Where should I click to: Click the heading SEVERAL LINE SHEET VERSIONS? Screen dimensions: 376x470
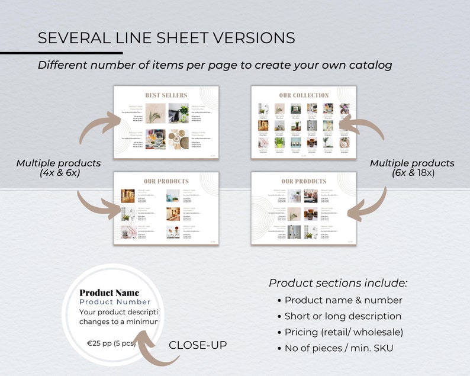166,38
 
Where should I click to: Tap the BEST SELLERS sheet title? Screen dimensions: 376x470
166,95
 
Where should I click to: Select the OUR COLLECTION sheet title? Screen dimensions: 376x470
304,95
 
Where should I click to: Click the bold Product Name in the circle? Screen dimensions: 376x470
110,293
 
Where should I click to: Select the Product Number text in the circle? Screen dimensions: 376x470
115,302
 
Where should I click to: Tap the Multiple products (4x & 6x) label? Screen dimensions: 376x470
58,168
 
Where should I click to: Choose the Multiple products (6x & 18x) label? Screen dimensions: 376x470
412,168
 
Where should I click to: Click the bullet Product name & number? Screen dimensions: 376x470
343,300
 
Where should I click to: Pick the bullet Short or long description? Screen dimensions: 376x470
343,316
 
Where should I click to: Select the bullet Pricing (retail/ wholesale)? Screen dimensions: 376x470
344,332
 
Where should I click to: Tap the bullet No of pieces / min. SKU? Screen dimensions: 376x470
339,348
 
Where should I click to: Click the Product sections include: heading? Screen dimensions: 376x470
338,283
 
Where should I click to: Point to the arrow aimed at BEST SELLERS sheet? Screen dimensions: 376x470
94,128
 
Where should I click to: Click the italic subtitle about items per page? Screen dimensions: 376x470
215,65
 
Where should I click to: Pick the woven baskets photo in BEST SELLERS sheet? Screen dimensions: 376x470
178,140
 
